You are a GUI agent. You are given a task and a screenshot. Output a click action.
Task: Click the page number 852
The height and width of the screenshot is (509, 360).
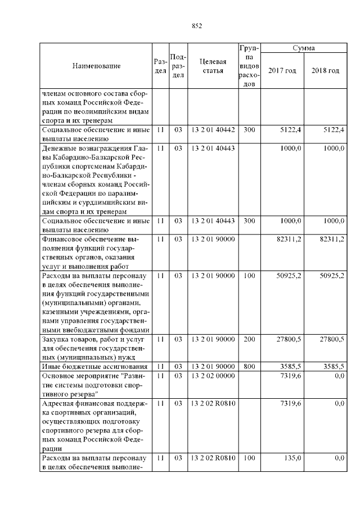[197, 26]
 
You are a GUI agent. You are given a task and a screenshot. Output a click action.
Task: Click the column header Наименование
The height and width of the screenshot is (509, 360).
[96, 66]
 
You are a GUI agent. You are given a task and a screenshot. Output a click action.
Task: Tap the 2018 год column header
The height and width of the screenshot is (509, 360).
[325, 70]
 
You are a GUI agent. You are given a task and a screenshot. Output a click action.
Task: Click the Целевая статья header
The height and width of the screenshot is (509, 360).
[213, 66]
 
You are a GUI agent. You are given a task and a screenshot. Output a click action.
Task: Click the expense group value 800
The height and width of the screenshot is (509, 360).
[249, 366]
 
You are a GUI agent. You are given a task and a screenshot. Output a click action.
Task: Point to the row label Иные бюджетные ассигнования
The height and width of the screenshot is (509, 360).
[94, 366]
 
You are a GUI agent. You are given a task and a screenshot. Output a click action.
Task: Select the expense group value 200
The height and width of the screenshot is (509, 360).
[249, 340]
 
